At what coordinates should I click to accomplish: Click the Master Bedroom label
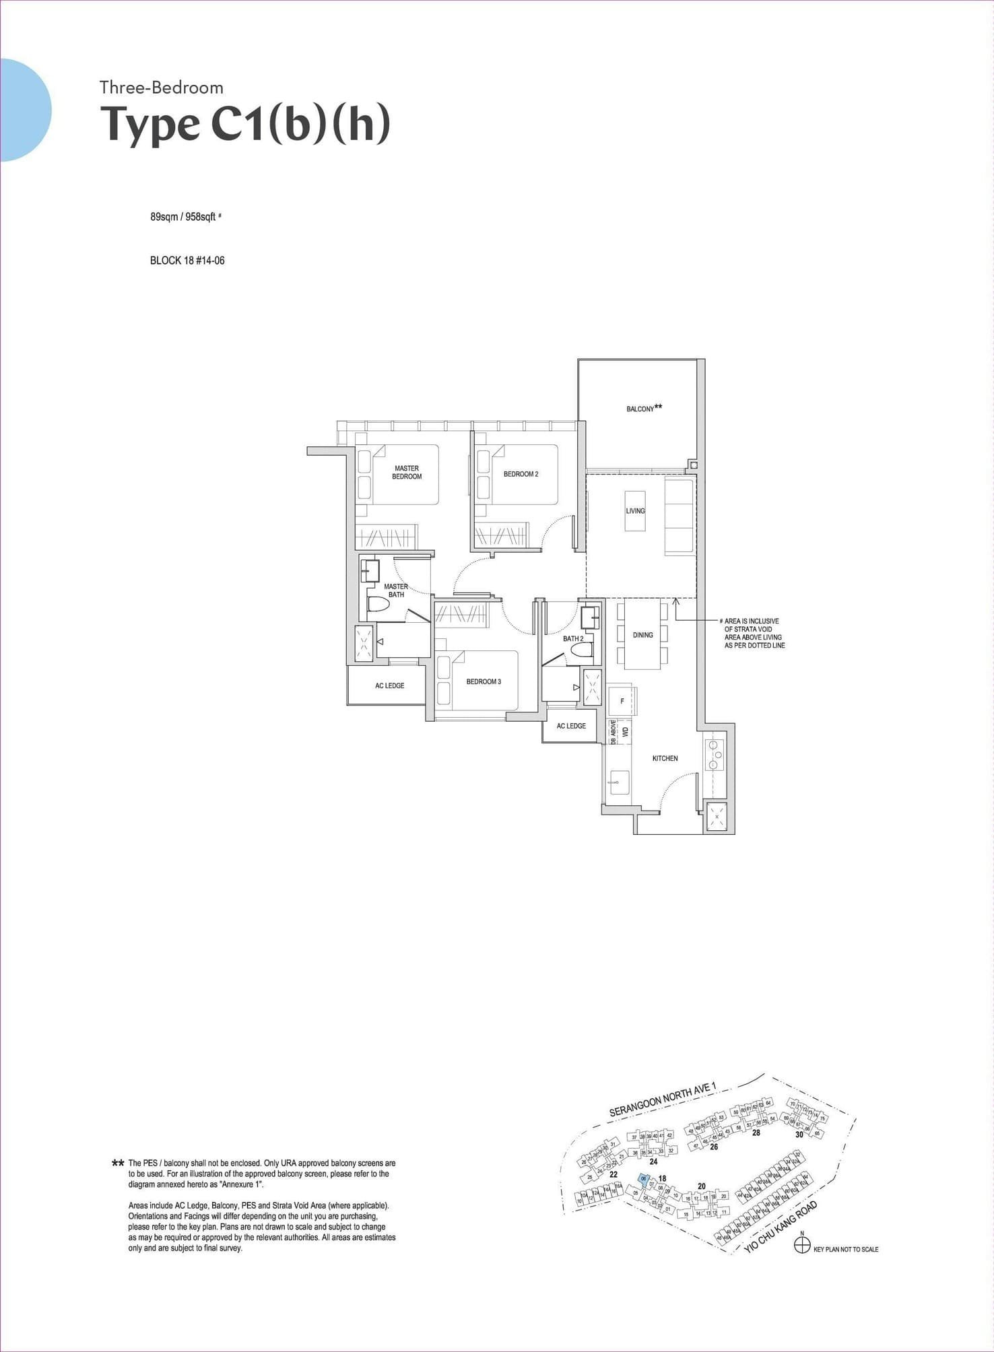407,472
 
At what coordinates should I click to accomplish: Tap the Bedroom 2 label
521,474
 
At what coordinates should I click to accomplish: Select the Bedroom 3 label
484,681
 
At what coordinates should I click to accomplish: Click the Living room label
635,511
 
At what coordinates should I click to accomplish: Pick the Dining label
642,635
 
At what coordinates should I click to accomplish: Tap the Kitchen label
665,758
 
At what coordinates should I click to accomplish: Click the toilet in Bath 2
581,650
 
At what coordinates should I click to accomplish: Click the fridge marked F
622,701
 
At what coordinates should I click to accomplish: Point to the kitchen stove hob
713,755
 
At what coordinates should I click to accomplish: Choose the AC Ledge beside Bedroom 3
389,685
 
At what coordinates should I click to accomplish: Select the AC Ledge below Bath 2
571,726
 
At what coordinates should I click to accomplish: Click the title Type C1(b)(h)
245,125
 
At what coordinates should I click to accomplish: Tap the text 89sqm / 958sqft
183,217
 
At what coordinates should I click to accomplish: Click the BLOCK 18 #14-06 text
187,261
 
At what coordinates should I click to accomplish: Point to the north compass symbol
801,1245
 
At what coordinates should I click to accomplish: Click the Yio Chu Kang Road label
781,1227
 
